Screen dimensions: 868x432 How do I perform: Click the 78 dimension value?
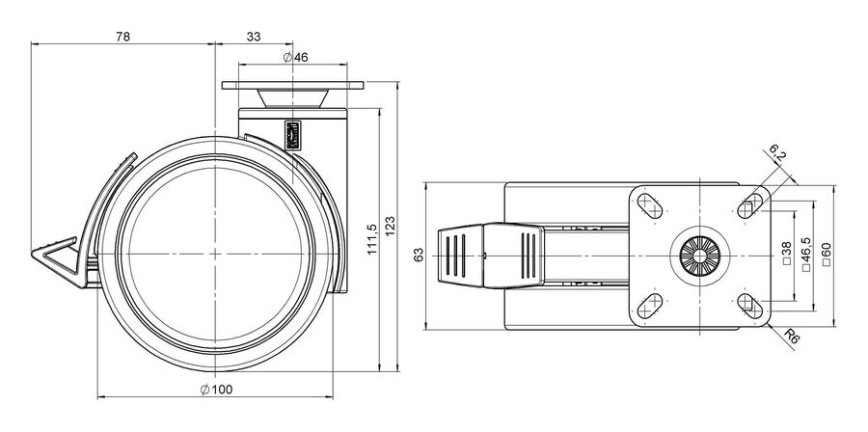pos(122,37)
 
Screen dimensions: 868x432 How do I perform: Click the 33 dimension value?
pos(254,37)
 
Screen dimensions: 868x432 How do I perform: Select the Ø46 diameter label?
pos(295,57)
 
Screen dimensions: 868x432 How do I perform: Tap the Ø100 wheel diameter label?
pos(216,390)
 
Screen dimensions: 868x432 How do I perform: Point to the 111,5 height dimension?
pos(372,239)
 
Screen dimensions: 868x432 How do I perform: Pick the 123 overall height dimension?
pos(390,227)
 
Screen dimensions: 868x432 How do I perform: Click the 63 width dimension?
pos(419,255)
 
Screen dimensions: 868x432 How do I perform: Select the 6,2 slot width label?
pos(777,153)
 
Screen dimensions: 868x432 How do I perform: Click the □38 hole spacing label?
pos(787,255)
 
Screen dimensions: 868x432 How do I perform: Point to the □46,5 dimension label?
pos(806,255)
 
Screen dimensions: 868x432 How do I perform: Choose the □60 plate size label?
pos(827,255)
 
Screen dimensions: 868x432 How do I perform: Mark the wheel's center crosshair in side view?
pos(215,254)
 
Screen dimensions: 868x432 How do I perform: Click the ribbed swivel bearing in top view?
pos(700,256)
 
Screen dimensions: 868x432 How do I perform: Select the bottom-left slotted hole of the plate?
pos(650,306)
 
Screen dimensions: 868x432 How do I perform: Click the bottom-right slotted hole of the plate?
pos(750,306)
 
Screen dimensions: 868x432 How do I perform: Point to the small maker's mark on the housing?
pos(293,134)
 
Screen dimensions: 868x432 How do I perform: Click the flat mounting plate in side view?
pos(293,85)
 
